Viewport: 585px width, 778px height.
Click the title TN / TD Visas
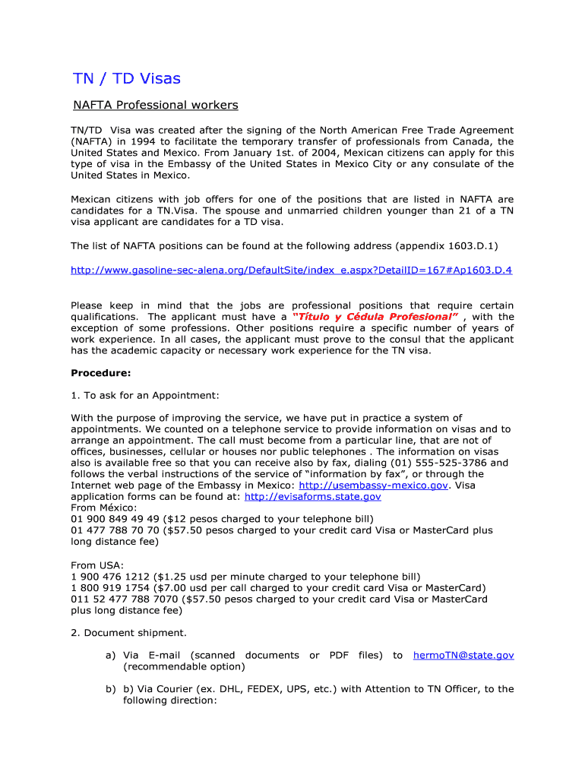(x=127, y=78)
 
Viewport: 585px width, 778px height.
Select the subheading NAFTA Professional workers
(x=155, y=105)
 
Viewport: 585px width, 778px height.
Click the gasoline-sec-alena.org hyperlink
(x=291, y=270)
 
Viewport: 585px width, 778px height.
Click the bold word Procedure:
(x=101, y=372)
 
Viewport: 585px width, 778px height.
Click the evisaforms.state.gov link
(x=312, y=496)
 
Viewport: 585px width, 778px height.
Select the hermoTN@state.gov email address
(x=463, y=655)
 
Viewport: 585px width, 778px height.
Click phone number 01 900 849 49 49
(x=106, y=519)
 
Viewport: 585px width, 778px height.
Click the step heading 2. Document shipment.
(x=128, y=632)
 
